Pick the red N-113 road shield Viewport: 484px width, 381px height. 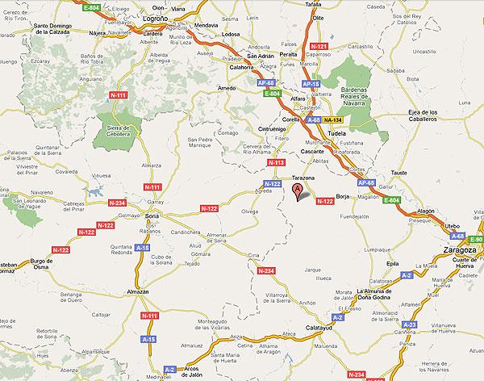(x=276, y=163)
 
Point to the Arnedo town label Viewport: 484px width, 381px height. (x=227, y=87)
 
